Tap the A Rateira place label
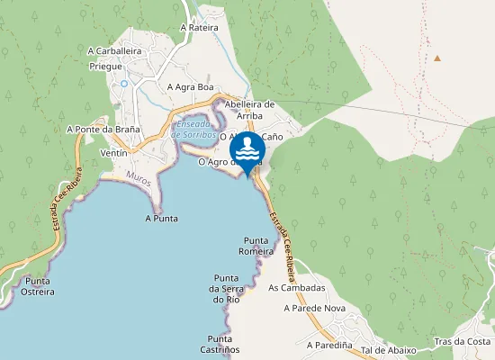[x=201, y=27]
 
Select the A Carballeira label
[x=115, y=51]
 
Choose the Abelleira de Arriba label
[x=248, y=109]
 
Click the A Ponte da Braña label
[x=103, y=130]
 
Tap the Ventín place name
[x=114, y=154]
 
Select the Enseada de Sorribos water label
[x=196, y=129]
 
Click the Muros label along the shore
[x=139, y=178]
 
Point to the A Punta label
[x=161, y=218]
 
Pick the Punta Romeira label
[x=256, y=246]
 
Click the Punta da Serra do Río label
[x=227, y=288]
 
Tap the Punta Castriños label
[x=216, y=343]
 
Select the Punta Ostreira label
[x=38, y=286]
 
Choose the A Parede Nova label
[x=314, y=308]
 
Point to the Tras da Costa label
[x=462, y=342]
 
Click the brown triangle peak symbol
[x=437, y=58]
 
